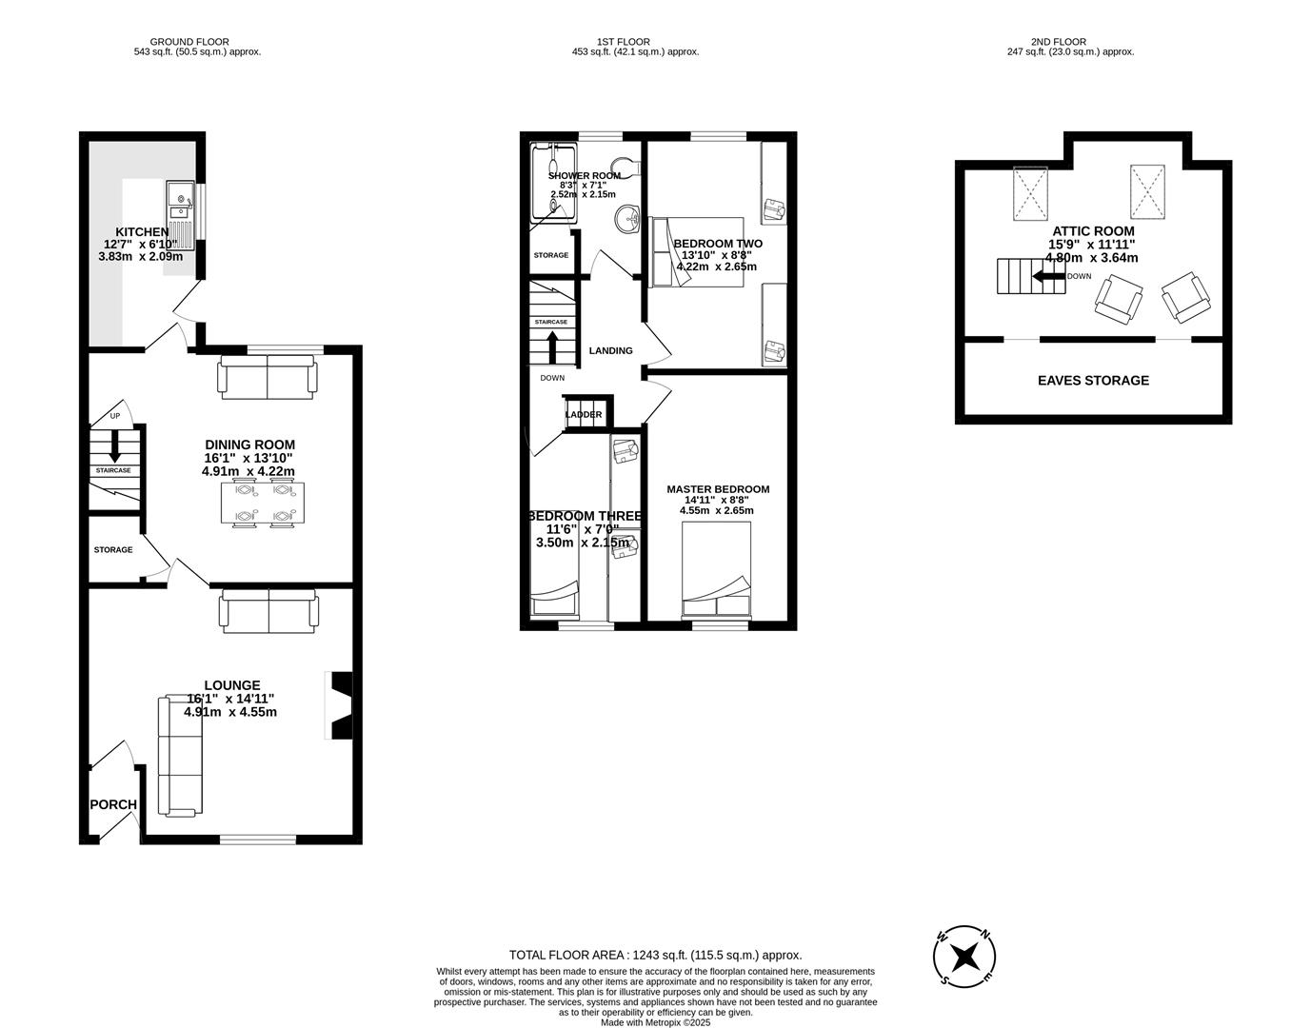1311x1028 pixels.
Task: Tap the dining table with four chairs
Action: (263, 503)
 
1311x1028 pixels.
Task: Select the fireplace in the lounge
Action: (340, 705)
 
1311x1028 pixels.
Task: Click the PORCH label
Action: (113, 804)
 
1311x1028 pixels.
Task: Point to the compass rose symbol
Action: (965, 956)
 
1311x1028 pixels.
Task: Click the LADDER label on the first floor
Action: (584, 415)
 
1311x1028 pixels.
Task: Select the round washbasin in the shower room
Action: (628, 219)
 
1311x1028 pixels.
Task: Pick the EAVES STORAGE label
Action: (1093, 381)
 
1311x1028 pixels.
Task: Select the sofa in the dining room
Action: (267, 376)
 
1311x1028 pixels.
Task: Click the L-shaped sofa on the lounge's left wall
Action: (180, 756)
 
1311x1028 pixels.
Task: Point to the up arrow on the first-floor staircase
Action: (551, 346)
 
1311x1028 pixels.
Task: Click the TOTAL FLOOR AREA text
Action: (655, 955)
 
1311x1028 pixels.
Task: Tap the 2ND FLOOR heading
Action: (1058, 42)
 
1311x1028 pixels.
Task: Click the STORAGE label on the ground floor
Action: (113, 550)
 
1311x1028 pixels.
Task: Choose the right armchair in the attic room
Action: (1186, 296)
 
